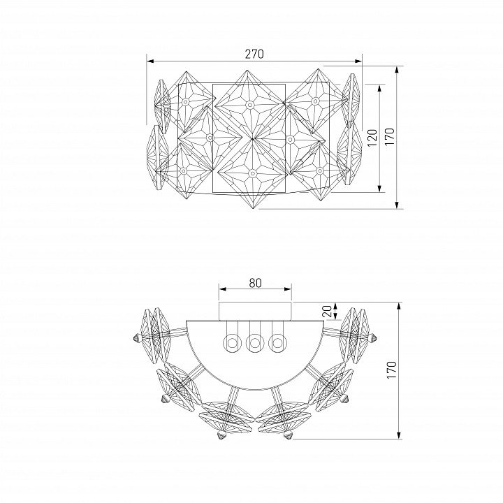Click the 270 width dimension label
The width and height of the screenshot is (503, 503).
254,54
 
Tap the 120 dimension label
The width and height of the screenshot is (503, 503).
372,138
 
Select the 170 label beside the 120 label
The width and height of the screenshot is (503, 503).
390,137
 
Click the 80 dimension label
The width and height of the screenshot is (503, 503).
255,283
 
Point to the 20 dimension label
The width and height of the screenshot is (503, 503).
327,311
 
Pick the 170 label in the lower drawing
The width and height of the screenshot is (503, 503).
391,370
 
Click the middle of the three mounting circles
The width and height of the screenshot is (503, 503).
255,343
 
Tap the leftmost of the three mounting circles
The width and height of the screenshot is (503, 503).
232,343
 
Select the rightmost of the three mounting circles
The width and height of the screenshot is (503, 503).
277,343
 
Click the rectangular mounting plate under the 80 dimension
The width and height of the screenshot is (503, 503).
255,311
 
